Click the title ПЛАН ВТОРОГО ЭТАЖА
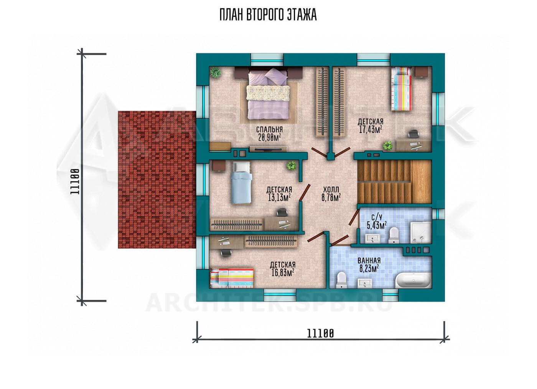268,15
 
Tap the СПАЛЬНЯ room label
269,130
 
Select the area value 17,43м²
371,130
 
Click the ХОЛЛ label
331,190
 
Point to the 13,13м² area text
279,198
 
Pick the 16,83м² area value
283,272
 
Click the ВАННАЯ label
369,260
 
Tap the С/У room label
376,217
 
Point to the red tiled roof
157,179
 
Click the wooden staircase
395,182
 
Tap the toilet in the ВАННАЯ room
341,280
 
